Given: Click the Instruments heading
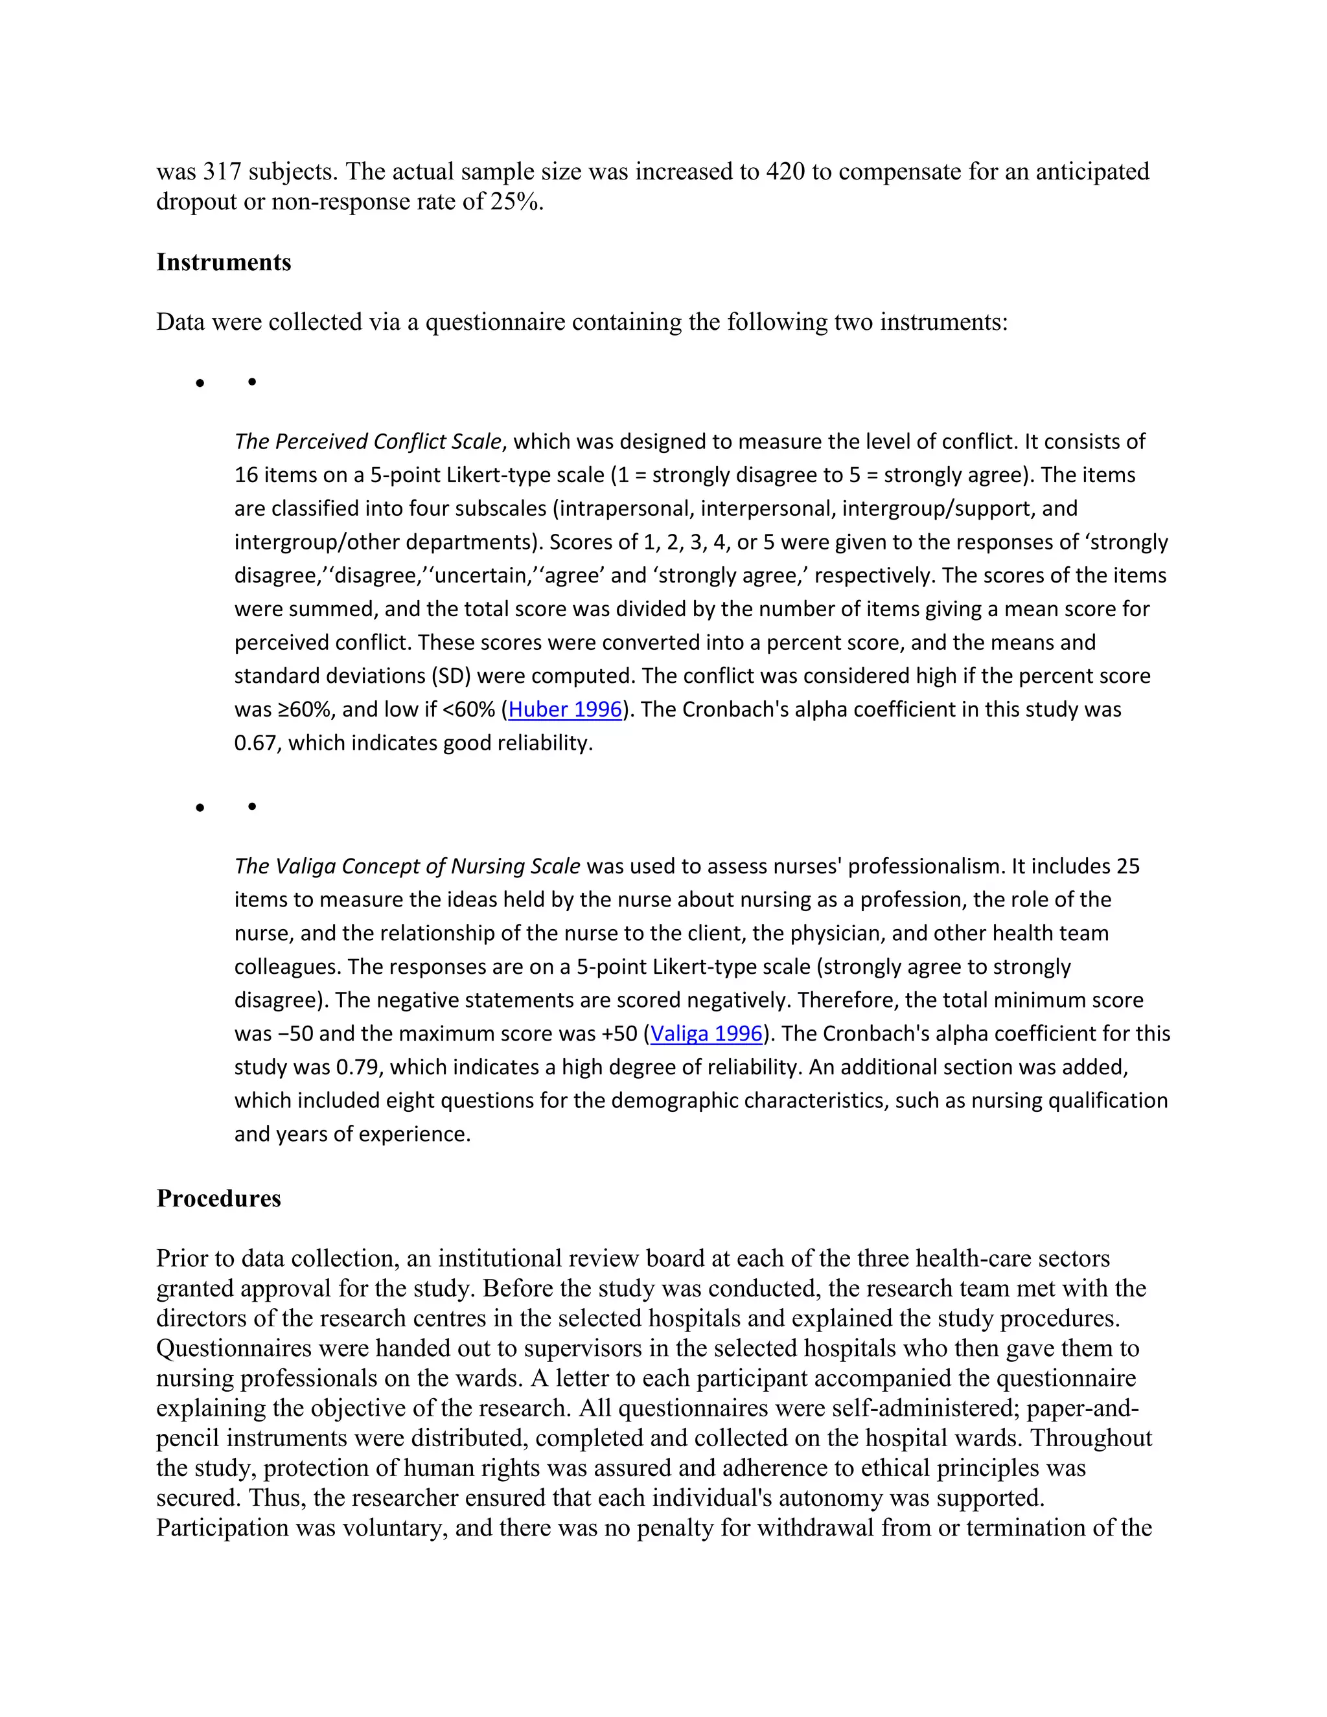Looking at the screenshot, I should pos(224,262).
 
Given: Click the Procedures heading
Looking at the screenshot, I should pos(218,1199).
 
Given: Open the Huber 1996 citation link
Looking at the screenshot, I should pos(565,710).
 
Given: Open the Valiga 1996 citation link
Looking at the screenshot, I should pos(707,1034).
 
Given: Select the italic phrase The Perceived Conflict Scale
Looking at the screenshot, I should pos(367,442).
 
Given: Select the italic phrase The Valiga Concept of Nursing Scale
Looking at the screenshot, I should pos(407,866).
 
